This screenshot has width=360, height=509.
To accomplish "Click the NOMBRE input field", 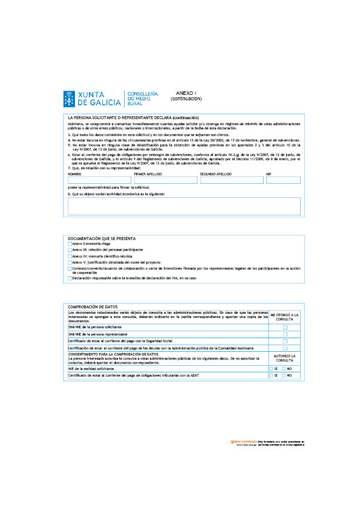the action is click(99, 180).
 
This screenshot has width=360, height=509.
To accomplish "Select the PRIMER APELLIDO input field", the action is click(165, 180).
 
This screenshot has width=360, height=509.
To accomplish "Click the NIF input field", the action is click(283, 180).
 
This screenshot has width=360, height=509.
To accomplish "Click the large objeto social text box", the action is click(184, 206).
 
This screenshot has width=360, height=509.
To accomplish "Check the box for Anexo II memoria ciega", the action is click(70, 244).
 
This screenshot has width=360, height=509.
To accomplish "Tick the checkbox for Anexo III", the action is click(70, 250).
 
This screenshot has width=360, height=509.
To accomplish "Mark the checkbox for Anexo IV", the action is click(70, 256).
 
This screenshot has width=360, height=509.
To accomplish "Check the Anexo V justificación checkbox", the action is click(70, 262).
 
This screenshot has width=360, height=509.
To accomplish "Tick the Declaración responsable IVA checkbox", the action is click(70, 278).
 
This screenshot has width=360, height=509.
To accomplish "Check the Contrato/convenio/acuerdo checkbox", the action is click(70, 269).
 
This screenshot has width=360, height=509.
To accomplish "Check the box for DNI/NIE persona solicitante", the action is click(285, 327).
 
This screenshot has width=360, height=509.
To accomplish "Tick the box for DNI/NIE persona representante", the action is click(285, 334).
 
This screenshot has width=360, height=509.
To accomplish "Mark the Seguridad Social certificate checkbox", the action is click(285, 342).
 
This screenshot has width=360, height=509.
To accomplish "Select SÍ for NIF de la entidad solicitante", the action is click(271, 368).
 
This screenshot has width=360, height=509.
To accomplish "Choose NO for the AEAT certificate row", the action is click(284, 375).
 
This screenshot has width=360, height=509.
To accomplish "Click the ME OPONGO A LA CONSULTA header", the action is click(284, 317).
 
